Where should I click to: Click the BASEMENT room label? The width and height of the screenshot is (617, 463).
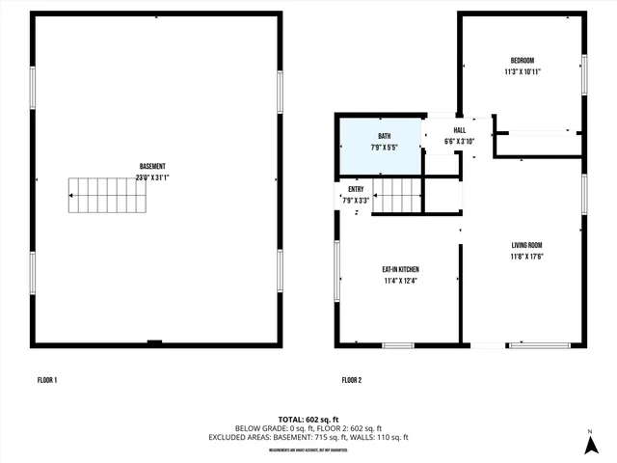click(152, 166)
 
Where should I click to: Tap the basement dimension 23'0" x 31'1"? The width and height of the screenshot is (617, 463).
click(152, 177)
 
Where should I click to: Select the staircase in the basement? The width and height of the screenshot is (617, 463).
click(107, 195)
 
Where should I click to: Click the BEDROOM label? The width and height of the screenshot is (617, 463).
click(522, 60)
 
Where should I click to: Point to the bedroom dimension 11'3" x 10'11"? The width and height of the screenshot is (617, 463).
click(522, 71)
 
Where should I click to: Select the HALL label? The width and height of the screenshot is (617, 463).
click(459, 130)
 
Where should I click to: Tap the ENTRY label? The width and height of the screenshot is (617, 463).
click(356, 189)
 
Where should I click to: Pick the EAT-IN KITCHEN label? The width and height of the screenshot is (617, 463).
click(400, 269)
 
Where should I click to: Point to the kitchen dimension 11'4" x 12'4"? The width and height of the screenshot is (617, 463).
click(400, 281)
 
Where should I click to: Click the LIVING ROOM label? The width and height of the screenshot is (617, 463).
click(526, 246)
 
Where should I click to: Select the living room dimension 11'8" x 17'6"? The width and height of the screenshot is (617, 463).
click(526, 258)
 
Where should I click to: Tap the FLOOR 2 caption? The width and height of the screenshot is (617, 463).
click(351, 381)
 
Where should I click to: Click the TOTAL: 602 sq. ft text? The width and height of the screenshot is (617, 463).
click(308, 419)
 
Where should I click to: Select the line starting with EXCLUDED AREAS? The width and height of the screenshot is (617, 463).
click(308, 437)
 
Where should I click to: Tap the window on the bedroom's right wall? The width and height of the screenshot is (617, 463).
click(583, 74)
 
